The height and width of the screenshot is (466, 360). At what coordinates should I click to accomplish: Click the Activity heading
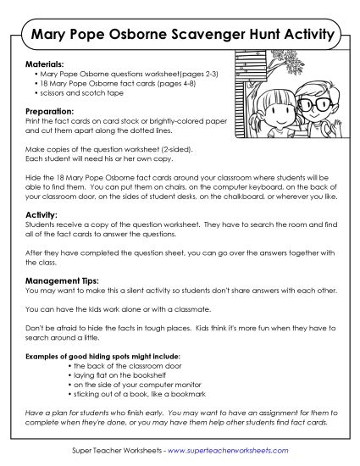click(x=40, y=216)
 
